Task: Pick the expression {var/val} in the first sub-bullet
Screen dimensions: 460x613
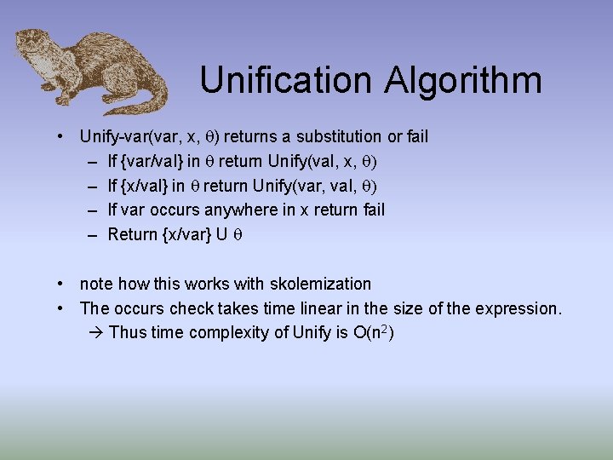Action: [156, 161]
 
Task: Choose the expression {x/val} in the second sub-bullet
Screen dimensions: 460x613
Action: [146, 186]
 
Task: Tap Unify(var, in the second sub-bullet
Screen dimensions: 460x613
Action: [289, 186]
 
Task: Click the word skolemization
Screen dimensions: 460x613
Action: [318, 284]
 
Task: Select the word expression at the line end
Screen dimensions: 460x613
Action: [518, 308]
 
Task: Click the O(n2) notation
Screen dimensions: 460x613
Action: [372, 332]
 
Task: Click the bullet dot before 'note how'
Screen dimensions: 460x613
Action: [62, 284]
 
